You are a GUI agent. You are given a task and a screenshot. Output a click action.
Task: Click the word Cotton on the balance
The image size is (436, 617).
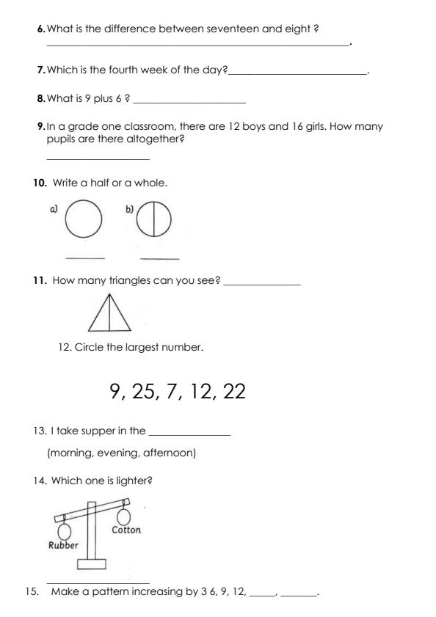(126, 530)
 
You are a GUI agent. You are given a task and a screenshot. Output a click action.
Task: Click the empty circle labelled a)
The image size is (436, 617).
(84, 219)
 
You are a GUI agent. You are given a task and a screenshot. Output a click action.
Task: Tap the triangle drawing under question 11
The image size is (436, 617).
(109, 313)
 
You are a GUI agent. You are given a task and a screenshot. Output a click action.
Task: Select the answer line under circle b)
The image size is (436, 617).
(159, 258)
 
